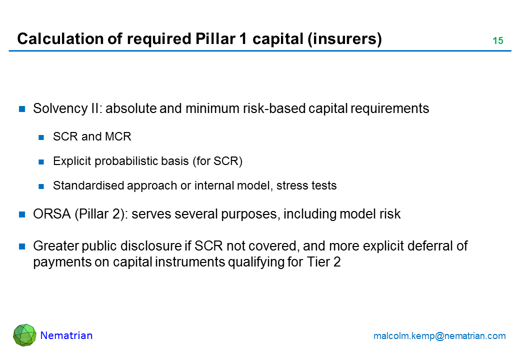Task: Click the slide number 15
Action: point(498,40)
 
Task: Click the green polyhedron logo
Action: point(24,335)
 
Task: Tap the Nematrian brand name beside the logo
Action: point(66,335)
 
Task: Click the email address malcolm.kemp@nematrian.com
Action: point(439,336)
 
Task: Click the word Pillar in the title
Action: point(215,39)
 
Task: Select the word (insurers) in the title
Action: point(344,39)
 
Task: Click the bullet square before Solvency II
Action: point(22,108)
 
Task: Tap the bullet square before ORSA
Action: point(22,214)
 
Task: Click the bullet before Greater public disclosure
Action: point(22,246)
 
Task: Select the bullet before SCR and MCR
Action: point(41,137)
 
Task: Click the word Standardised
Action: point(88,185)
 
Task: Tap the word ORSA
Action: point(51,214)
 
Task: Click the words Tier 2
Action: point(323,262)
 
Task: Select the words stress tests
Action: point(306,185)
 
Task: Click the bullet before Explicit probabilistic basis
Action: point(41,161)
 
